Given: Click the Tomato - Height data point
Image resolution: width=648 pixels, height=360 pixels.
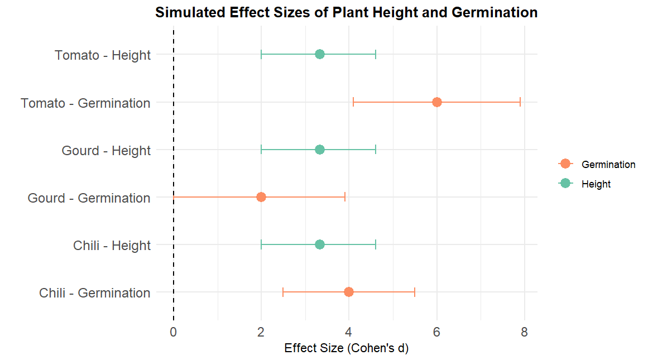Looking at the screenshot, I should pyautogui.click(x=319, y=54).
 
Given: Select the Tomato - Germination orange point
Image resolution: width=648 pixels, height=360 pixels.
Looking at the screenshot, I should pyautogui.click(x=436, y=102).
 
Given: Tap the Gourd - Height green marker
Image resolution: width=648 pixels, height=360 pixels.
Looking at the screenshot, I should pyautogui.click(x=319, y=150).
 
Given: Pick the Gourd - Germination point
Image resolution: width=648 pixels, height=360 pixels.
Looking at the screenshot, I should pyautogui.click(x=261, y=197).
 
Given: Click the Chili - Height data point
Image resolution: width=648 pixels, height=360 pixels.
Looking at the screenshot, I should pyautogui.click(x=319, y=244).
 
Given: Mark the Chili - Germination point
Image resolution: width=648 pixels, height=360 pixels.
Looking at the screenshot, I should pyautogui.click(x=349, y=292).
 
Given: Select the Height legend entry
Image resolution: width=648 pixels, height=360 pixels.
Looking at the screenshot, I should pyautogui.click(x=596, y=184).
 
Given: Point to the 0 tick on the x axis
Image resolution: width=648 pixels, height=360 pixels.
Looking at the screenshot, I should pyautogui.click(x=174, y=333).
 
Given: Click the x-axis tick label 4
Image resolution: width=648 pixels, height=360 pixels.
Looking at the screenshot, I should pyautogui.click(x=349, y=333).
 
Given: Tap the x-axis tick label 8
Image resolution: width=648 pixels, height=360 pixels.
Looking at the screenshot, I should pyautogui.click(x=524, y=333).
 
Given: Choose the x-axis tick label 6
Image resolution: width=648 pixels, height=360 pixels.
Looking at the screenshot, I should pyautogui.click(x=436, y=333).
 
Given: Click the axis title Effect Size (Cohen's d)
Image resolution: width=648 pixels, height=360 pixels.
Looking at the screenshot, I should pyautogui.click(x=346, y=349).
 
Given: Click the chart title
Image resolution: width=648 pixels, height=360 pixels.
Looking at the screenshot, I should pyautogui.click(x=346, y=12).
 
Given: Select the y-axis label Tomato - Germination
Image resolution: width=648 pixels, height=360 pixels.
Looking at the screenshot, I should pyautogui.click(x=85, y=103).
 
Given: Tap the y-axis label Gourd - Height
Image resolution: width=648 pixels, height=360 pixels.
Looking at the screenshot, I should pyautogui.click(x=106, y=151).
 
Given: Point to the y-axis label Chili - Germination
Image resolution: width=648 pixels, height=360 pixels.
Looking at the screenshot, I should pyautogui.click(x=95, y=293).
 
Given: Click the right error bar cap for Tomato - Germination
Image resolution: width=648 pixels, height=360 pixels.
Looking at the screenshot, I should pyautogui.click(x=520, y=102).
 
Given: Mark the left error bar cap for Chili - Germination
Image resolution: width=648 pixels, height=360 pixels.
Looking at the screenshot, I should pyautogui.click(x=283, y=292).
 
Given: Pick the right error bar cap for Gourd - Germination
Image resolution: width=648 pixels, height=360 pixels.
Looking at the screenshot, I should pyautogui.click(x=345, y=197).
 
